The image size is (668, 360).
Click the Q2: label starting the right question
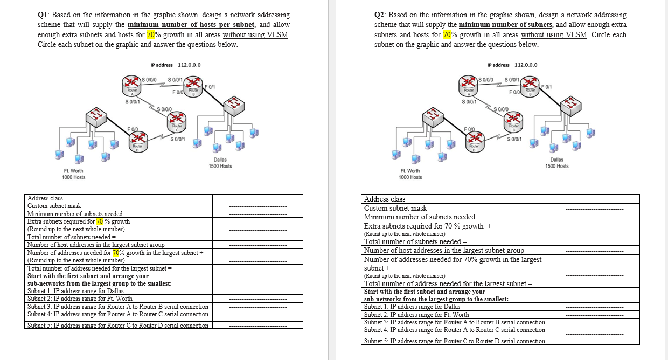pyautogui.click(x=380, y=15)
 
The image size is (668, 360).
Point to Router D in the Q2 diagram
pyautogui.click(x=475, y=140)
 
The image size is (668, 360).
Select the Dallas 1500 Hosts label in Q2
pyautogui.click(x=556, y=163)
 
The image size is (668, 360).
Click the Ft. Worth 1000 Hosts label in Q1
pyautogui.click(x=73, y=174)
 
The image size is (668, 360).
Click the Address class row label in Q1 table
pyautogui.click(x=45, y=198)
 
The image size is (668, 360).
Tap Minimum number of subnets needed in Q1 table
pyautogui.click(x=75, y=214)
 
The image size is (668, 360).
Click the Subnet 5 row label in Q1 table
pyautogui.click(x=117, y=326)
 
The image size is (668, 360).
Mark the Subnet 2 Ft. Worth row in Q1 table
pyautogui.click(x=80, y=299)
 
